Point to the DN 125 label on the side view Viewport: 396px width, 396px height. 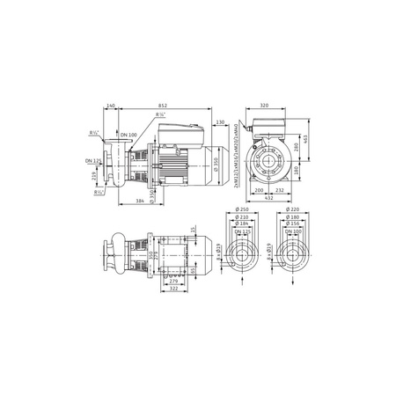tap(92, 161)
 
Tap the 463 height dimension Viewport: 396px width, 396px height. tap(304, 140)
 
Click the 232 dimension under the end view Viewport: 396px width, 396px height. tap(279, 190)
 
